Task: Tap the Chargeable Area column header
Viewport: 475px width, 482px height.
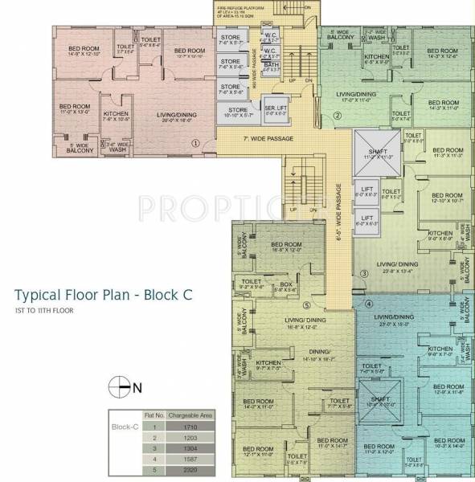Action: [189, 415]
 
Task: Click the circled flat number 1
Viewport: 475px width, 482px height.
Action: [195, 143]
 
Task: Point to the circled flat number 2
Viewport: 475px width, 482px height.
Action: [338, 116]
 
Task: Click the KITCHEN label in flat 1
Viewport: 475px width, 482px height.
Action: [116, 113]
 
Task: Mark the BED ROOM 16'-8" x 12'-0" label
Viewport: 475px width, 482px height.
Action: [285, 246]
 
